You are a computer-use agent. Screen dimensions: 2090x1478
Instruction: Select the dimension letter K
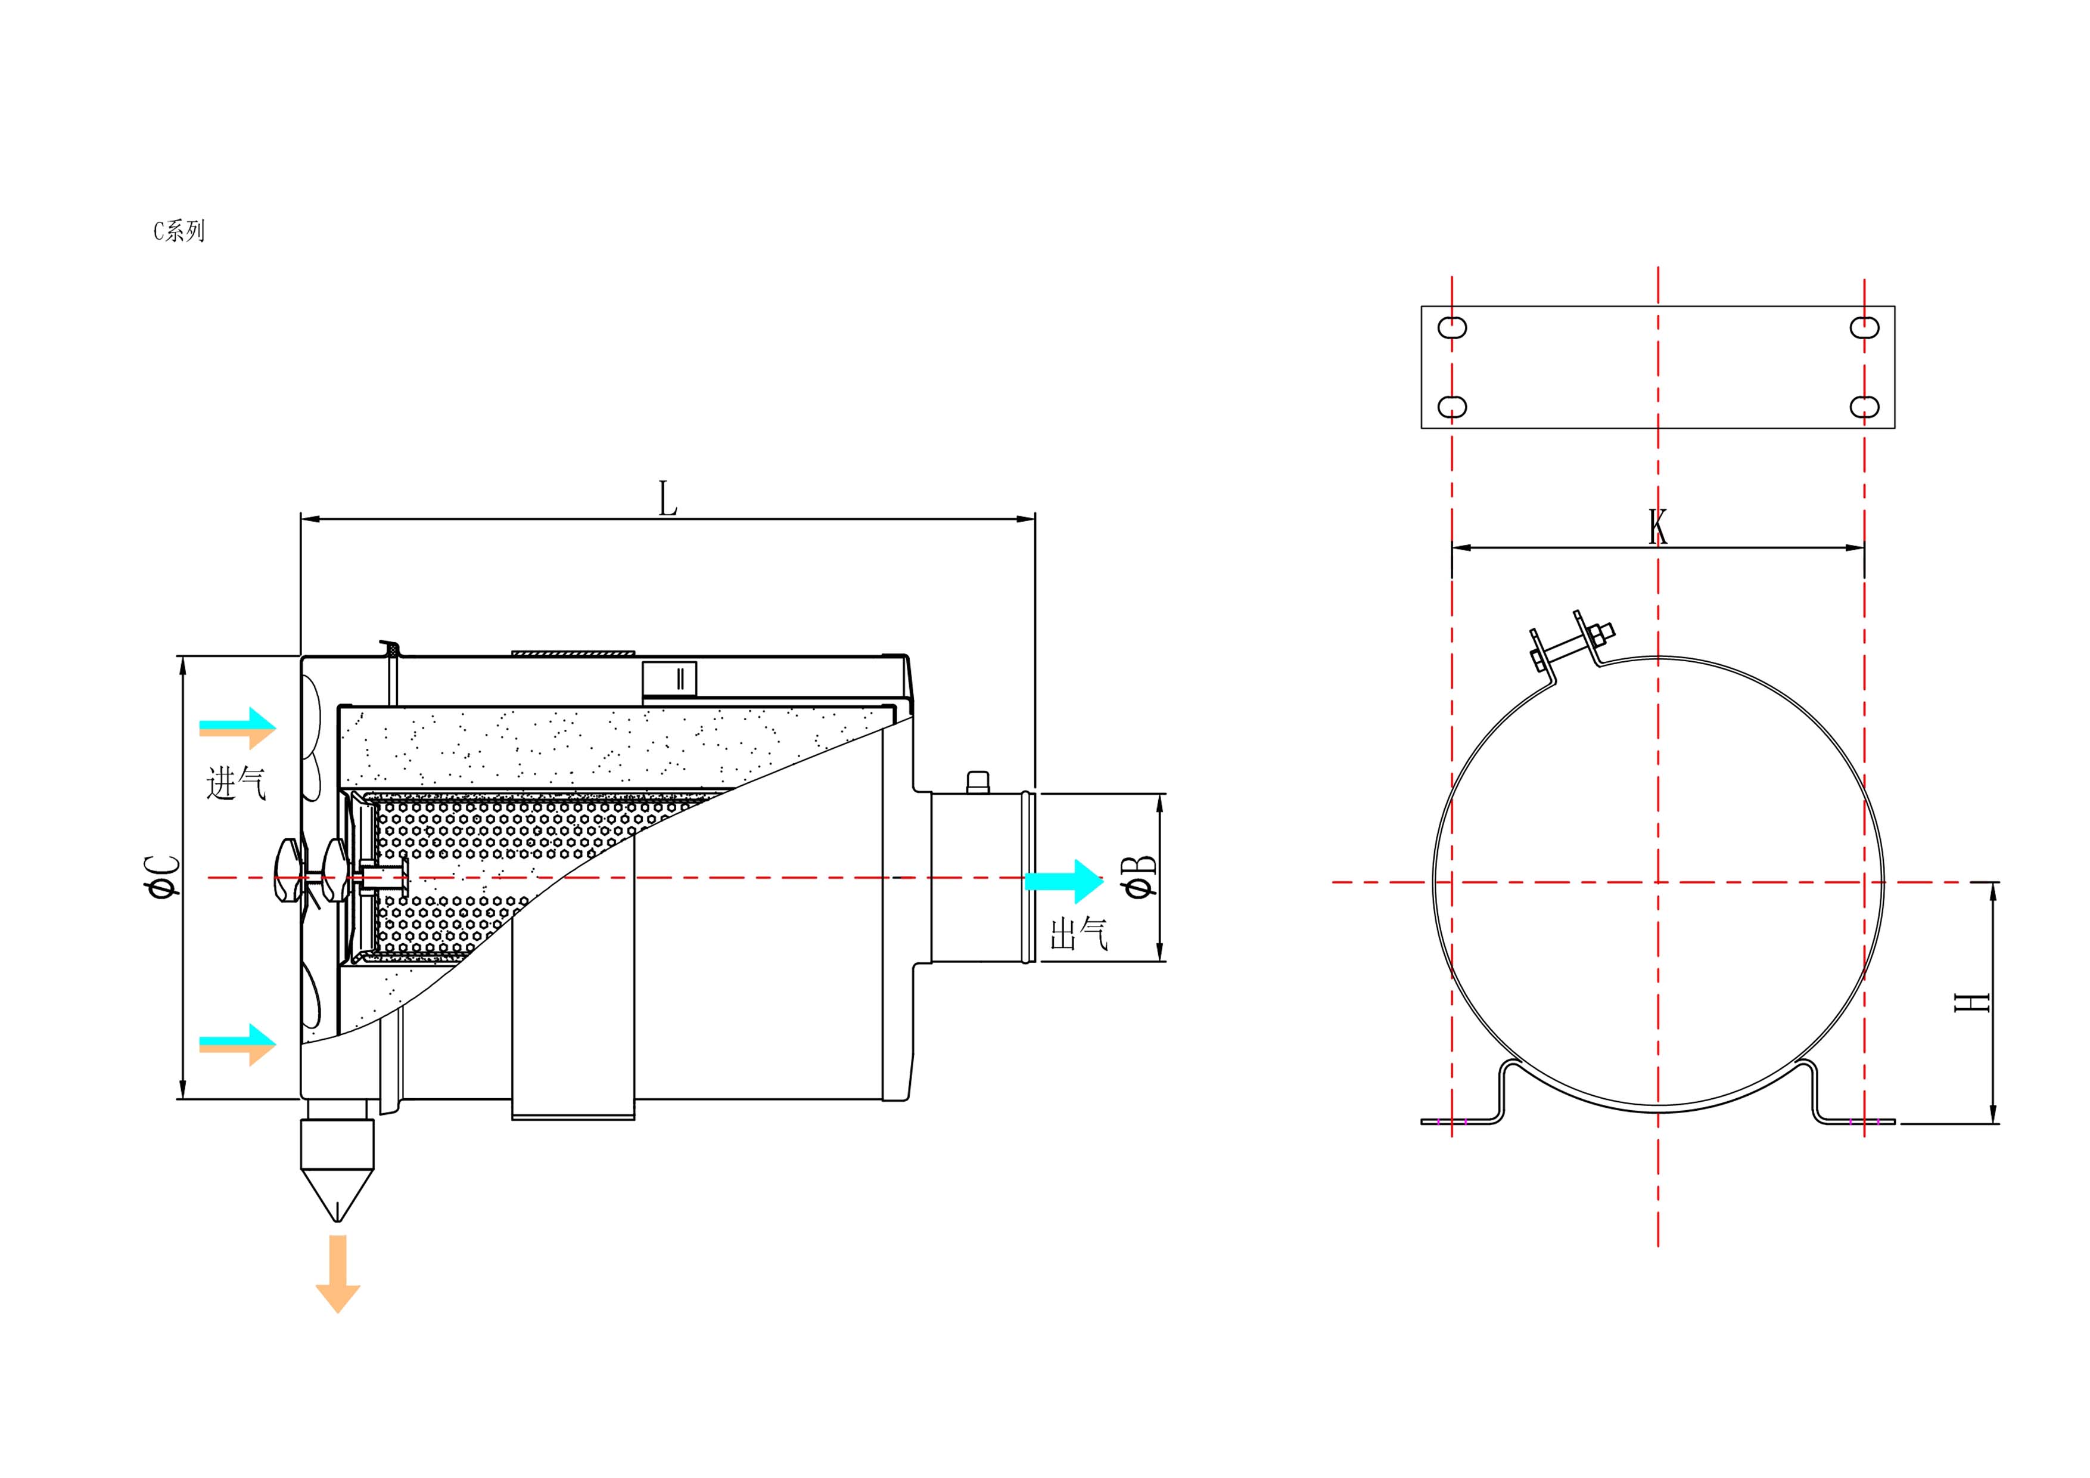tap(1657, 527)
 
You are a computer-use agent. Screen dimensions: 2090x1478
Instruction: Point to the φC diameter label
tap(162, 876)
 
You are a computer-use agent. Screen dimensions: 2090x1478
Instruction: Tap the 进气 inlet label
tap(236, 783)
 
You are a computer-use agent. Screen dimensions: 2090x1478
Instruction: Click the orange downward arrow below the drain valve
tap(338, 1273)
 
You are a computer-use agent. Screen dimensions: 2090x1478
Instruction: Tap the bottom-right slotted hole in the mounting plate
tap(1864, 406)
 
